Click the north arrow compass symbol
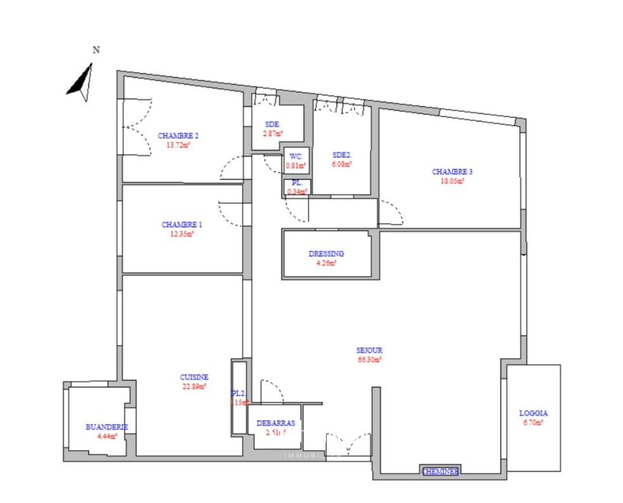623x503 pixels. click(81, 83)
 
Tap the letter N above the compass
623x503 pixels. click(96, 50)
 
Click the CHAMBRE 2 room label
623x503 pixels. click(178, 136)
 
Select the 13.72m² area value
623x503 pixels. click(178, 145)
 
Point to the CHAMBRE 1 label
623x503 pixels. click(182, 224)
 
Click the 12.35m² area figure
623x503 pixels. click(182, 234)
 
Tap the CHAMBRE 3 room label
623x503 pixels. click(452, 172)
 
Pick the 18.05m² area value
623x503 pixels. click(452, 181)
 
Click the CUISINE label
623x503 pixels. click(194, 377)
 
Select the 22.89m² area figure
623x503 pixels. click(194, 386)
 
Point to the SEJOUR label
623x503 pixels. click(369, 350)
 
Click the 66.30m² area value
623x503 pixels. click(369, 360)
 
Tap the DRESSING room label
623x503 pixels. click(326, 254)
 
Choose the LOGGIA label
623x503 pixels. click(533, 413)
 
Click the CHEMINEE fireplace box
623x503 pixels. click(440, 472)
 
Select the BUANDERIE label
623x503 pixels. click(107, 427)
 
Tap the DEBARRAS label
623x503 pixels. click(276, 423)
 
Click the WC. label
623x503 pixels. click(296, 156)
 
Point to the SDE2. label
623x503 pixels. click(341, 155)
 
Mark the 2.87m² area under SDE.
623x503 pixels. click(272, 134)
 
